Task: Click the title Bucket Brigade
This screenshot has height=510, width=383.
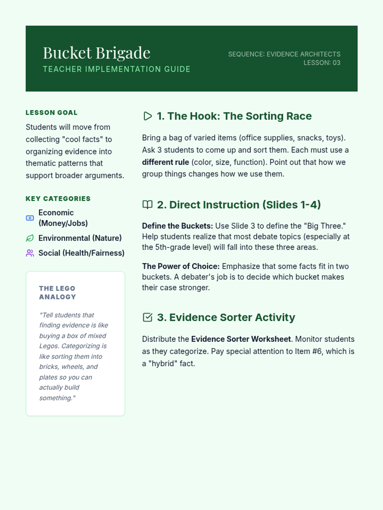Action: point(96,53)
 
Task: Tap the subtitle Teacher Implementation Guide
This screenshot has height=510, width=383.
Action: point(116,69)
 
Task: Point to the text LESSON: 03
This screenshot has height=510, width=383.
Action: point(322,63)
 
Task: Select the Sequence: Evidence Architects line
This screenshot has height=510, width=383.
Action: point(284,54)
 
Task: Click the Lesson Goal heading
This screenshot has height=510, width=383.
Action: point(51,113)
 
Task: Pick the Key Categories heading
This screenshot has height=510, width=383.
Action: point(58,199)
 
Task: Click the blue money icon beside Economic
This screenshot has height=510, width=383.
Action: point(30,218)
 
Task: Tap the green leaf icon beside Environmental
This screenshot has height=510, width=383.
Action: point(30,238)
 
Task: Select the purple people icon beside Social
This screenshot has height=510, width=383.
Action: point(30,253)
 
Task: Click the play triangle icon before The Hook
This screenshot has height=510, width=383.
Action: point(147,116)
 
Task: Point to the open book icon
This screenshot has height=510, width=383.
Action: point(147,205)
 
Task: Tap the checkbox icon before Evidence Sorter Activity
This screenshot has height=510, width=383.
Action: point(147,317)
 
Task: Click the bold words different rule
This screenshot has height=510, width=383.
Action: point(165,162)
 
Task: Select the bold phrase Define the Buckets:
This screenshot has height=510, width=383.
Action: point(177,226)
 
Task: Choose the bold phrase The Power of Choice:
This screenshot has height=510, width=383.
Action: point(181,266)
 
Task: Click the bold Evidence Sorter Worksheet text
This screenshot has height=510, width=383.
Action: point(241,339)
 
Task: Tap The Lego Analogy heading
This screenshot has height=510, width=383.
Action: point(57,293)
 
